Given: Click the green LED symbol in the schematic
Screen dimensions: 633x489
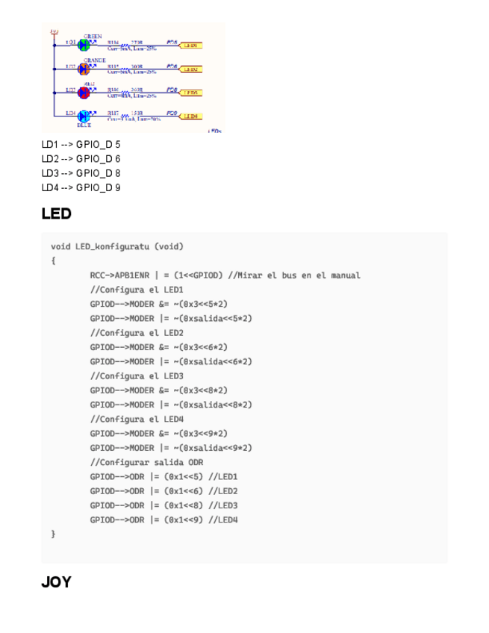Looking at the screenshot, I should tap(84, 45).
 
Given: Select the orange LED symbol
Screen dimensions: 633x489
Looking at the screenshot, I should tap(84, 69).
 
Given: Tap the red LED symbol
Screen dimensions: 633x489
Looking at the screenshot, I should tap(84, 92).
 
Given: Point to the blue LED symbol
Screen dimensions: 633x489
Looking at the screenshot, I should tap(84, 116).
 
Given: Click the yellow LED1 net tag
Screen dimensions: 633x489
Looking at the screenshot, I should tap(191, 46).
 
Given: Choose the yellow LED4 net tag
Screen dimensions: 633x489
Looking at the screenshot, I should tap(191, 116).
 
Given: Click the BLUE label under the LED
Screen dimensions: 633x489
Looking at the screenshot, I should tap(84, 125).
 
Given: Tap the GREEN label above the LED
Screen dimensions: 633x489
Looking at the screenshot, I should tap(93, 36).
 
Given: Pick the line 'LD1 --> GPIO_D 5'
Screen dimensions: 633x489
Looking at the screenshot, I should tap(81, 144).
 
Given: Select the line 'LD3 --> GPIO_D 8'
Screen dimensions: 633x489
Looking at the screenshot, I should tap(81, 172).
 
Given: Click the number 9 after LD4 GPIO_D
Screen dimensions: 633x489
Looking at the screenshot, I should tap(118, 187).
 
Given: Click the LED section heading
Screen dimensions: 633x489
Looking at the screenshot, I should tap(56, 214).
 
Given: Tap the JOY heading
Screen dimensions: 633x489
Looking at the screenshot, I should tap(56, 582).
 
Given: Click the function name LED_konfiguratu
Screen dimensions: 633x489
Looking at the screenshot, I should tap(112, 246).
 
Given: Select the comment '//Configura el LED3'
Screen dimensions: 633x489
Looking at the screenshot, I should tap(137, 375).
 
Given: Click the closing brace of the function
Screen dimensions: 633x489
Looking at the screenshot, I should tap(53, 534).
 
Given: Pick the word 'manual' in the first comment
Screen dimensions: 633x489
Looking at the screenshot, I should tap(345, 275).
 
